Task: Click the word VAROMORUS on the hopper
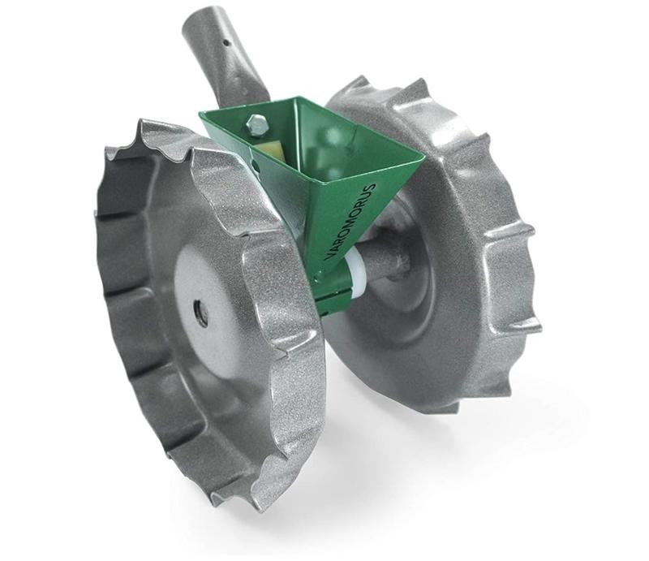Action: point(351,222)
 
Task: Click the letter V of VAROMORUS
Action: point(329,257)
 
